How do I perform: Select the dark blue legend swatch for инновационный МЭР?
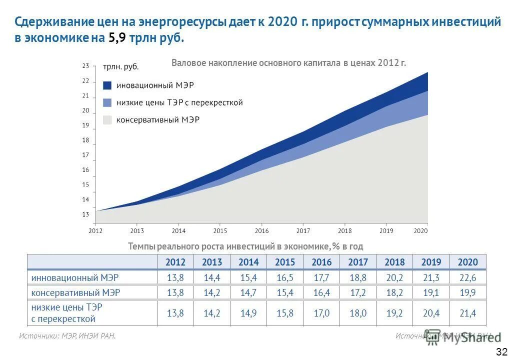[x=107, y=85]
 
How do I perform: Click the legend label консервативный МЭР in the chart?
[x=157, y=120]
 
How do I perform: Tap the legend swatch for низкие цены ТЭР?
[x=107, y=102]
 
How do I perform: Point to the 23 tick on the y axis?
[x=85, y=66]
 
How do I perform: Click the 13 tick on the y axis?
[x=85, y=214]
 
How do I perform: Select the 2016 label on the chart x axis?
[x=261, y=231]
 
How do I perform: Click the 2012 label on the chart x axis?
[x=95, y=231]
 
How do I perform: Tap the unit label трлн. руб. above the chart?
[x=120, y=66]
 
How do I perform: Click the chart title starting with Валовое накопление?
[x=288, y=63]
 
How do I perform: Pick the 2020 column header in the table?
[x=467, y=262]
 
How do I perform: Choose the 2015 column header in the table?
[x=285, y=262]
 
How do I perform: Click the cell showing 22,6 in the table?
[x=467, y=277]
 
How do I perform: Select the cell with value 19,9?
[x=467, y=292]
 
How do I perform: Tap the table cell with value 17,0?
[x=321, y=313]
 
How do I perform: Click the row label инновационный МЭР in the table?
[x=75, y=277]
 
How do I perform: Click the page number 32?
[x=502, y=351]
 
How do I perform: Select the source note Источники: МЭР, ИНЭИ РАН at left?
[x=67, y=336]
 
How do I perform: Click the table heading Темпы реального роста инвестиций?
[x=245, y=246]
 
